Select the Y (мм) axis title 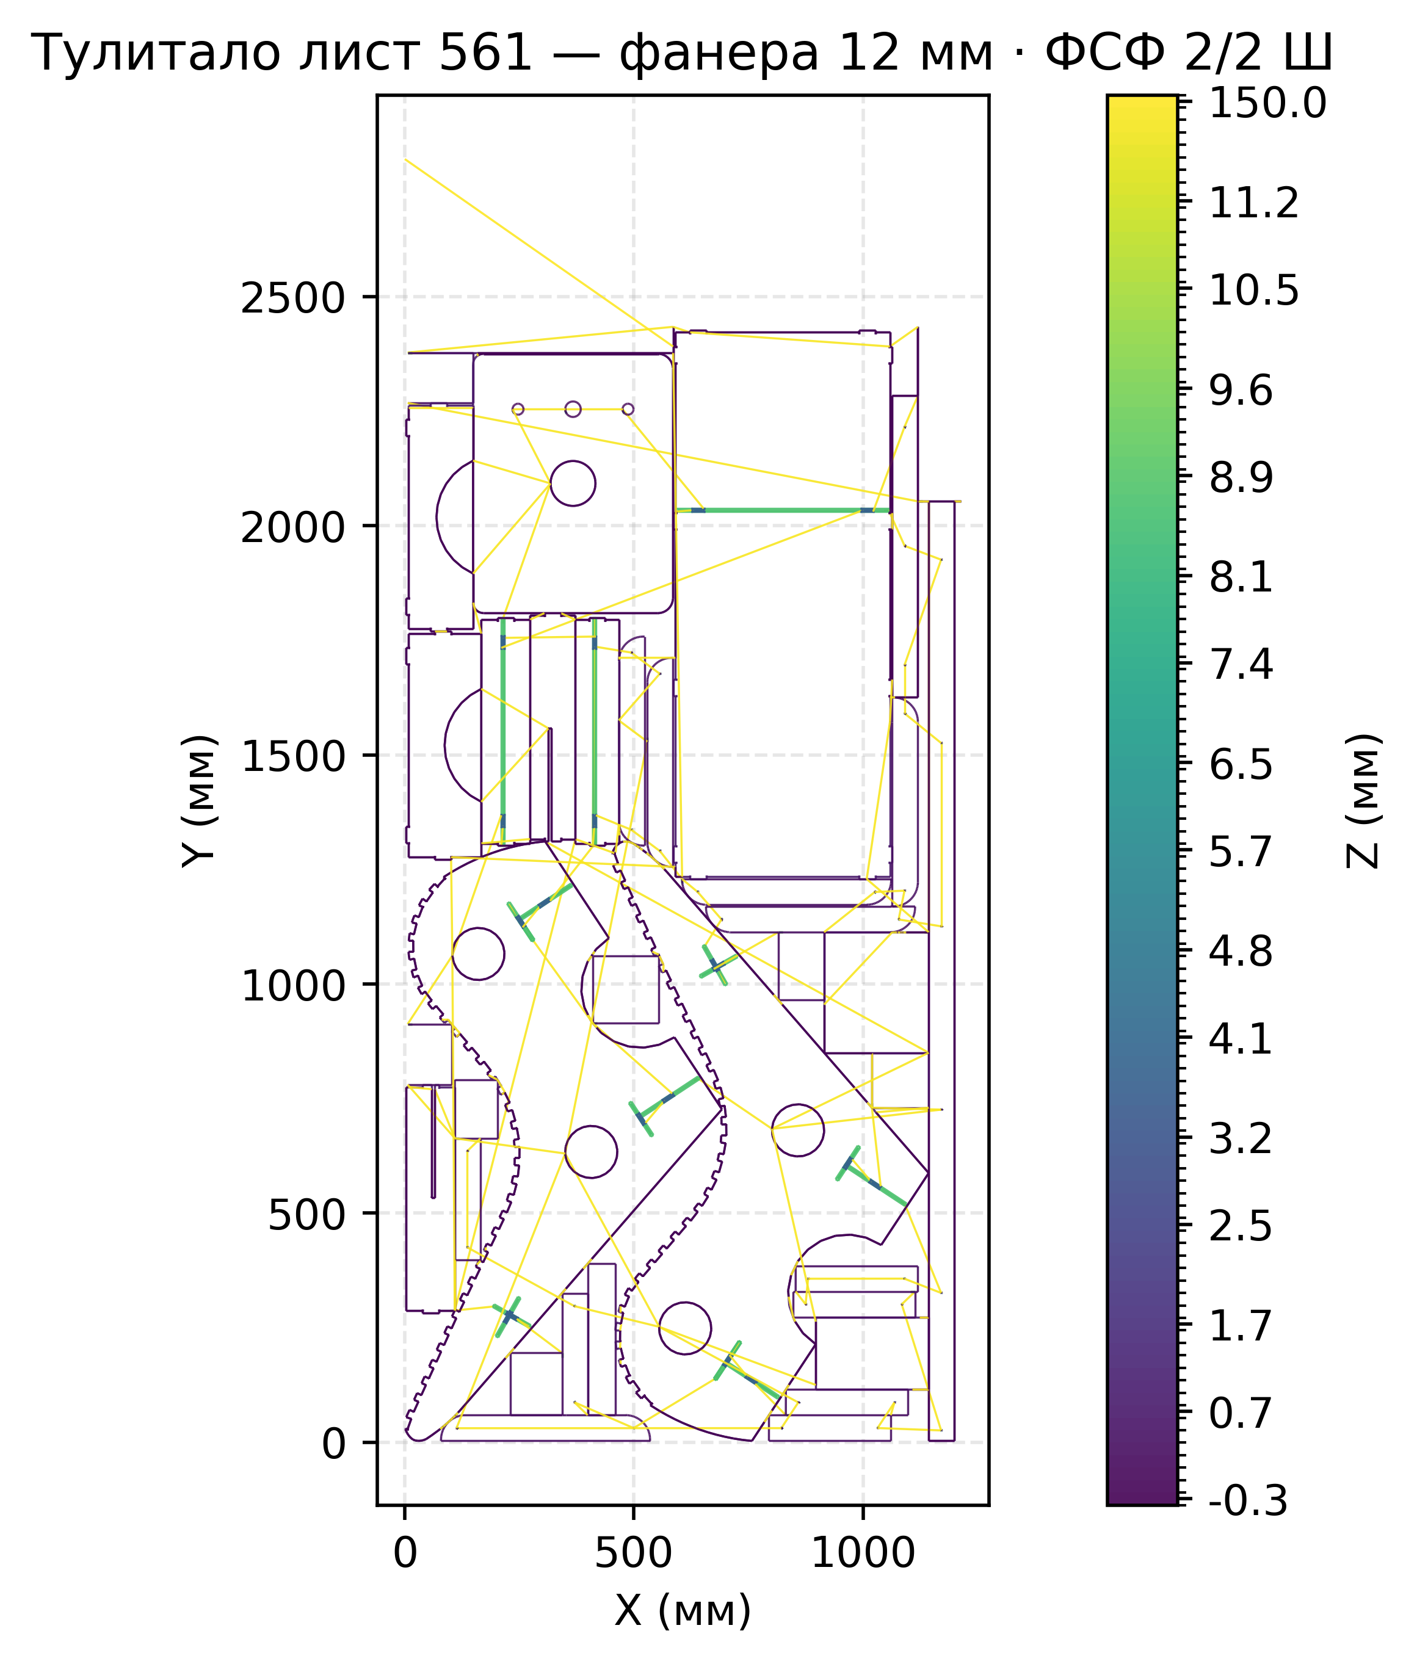[x=199, y=801]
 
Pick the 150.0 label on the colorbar [x=1267, y=104]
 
